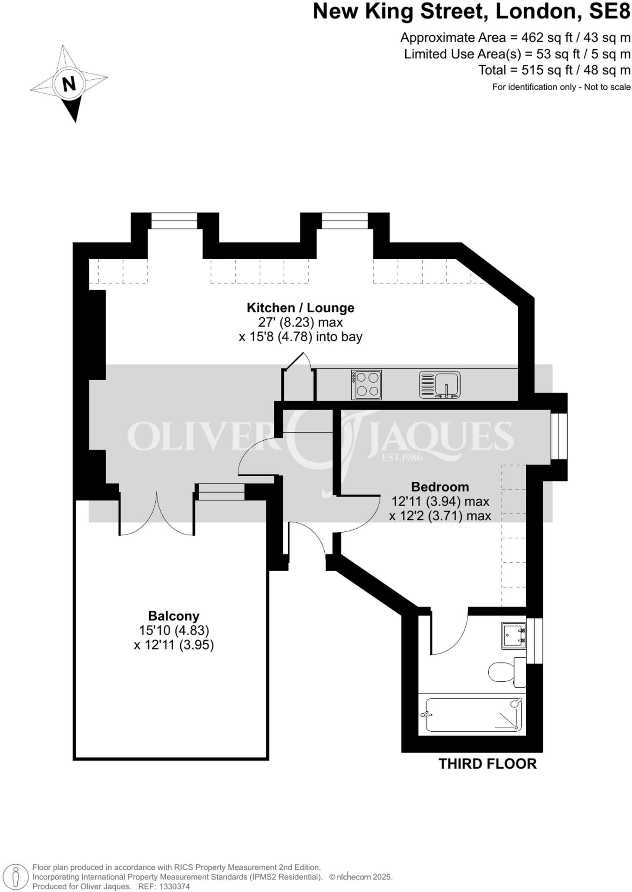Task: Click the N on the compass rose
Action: click(x=69, y=84)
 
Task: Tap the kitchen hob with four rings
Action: click(x=366, y=385)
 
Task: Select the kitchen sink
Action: click(x=439, y=385)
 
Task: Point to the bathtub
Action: click(x=473, y=715)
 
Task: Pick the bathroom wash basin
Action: click(x=513, y=635)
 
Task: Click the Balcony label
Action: click(x=174, y=616)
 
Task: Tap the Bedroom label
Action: click(x=440, y=487)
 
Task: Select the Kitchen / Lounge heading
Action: click(x=300, y=308)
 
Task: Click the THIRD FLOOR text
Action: click(x=487, y=764)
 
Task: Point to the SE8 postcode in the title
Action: click(x=609, y=12)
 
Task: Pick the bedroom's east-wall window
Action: click(x=559, y=436)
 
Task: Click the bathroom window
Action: click(x=535, y=640)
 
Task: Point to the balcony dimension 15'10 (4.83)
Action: click(x=174, y=630)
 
